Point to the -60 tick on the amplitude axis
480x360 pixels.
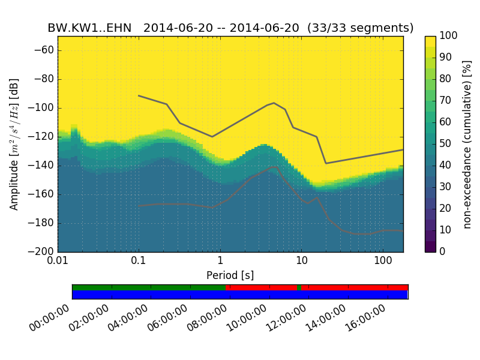[x=46, y=50]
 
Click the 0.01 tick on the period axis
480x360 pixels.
[x=58, y=262]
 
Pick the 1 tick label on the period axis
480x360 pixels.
[x=220, y=262]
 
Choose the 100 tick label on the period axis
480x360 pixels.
[x=383, y=262]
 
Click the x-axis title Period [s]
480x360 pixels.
[x=230, y=275]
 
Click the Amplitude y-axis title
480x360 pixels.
[x=14, y=144]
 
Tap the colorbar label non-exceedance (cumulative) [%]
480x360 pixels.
[x=467, y=144]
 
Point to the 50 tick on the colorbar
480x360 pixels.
[x=446, y=144]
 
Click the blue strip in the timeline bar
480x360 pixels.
[x=240, y=295]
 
